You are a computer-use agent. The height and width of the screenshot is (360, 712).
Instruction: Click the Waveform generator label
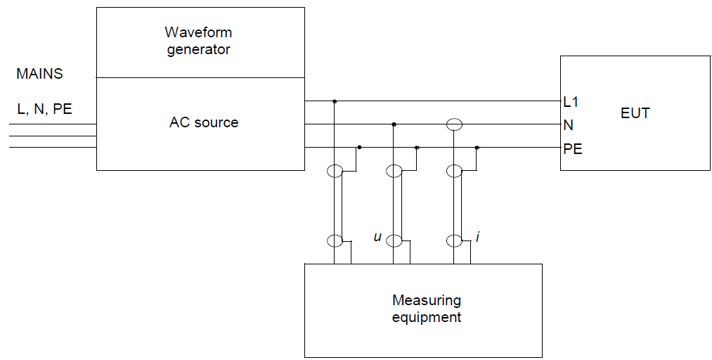point(198,41)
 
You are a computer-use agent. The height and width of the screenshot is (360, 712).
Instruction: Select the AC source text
point(204,122)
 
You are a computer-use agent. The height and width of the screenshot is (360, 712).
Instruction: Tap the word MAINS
point(39,74)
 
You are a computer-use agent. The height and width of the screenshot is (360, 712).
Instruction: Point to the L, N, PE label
point(44,109)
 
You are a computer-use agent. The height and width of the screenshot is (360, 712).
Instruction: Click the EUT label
point(635,112)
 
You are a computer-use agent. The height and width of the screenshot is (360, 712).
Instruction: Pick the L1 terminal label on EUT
point(571,102)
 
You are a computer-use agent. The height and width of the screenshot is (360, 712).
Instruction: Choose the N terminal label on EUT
point(568,125)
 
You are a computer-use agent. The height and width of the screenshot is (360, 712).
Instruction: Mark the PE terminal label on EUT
point(572,149)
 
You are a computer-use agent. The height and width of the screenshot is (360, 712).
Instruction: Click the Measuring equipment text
point(427,309)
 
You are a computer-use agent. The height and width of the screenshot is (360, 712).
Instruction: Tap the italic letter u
point(377,238)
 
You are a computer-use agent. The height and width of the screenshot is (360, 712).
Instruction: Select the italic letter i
point(477,238)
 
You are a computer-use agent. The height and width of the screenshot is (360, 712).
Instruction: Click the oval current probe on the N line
point(455,125)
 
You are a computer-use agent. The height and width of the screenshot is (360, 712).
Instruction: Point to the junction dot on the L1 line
point(335,101)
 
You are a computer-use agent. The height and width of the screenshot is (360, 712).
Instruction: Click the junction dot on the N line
point(394,124)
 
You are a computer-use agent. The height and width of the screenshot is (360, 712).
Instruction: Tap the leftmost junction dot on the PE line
point(359,148)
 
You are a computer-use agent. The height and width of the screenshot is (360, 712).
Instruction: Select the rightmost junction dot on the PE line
point(477,148)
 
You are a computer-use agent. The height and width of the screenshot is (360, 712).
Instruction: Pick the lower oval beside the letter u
point(394,241)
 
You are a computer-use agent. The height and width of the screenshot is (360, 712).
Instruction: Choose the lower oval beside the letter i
point(455,241)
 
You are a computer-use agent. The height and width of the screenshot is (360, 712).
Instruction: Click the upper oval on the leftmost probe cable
point(335,171)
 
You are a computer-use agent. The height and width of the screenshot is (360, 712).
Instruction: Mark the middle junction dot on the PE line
point(417,148)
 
